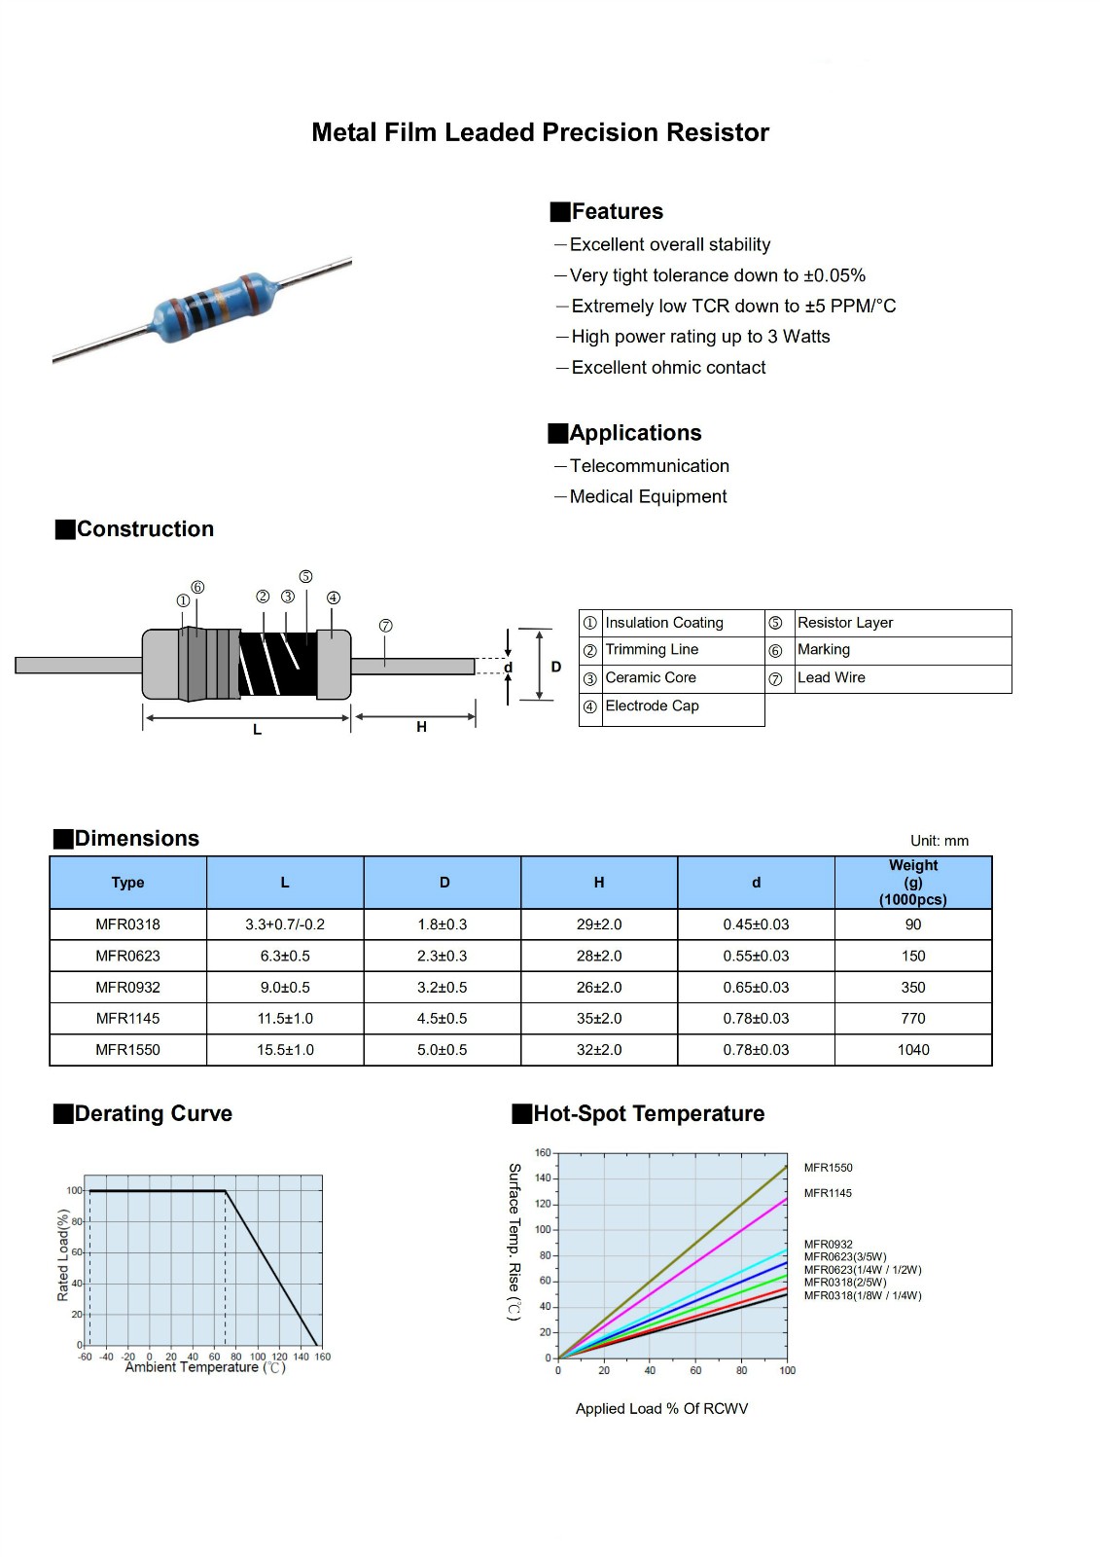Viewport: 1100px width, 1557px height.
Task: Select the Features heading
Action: [617, 212]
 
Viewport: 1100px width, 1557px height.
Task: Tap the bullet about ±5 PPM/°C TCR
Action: [733, 307]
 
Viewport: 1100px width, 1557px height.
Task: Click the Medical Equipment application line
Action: [648, 497]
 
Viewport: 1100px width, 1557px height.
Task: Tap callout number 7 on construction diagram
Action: [386, 626]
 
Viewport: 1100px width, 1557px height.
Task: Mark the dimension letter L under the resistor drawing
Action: [258, 730]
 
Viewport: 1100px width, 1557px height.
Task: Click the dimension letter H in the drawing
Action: [421, 727]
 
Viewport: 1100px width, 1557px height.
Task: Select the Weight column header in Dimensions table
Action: [912, 883]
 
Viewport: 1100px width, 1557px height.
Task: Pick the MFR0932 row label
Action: [127, 988]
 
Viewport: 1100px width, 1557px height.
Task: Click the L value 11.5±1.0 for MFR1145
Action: [285, 1019]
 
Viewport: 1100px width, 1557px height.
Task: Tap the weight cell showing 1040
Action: [913, 1050]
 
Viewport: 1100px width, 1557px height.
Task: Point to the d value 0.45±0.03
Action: [756, 924]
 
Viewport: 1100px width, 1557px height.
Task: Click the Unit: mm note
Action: [939, 842]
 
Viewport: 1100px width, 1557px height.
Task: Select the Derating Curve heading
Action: [153, 1114]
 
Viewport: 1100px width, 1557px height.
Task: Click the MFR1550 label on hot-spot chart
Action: [828, 1168]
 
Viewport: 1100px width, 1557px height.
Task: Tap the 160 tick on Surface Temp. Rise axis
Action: [543, 1153]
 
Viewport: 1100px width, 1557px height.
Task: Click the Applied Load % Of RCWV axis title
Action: [661, 1409]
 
